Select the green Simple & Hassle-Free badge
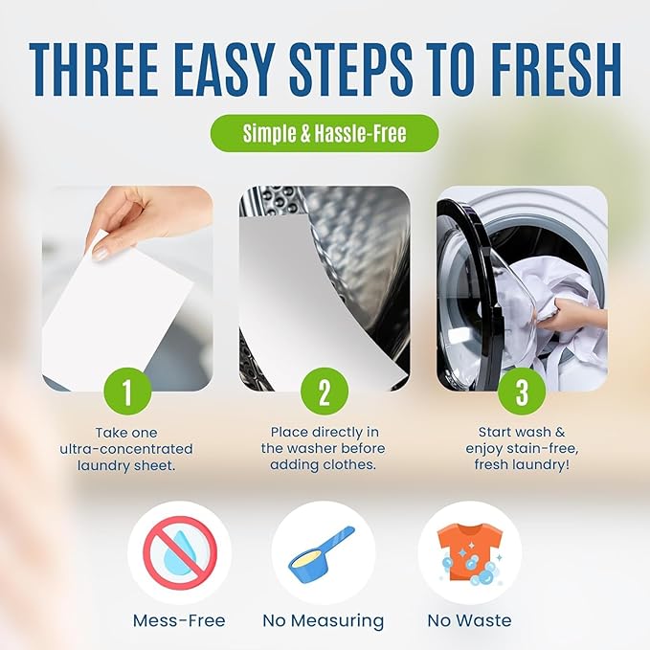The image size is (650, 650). (325, 133)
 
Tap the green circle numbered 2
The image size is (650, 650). (325, 392)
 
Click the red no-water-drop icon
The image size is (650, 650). (180, 552)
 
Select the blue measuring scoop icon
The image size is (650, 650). (323, 552)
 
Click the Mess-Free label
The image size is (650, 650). (180, 621)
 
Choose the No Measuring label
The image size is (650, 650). (324, 621)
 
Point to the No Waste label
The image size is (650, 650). (469, 621)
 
